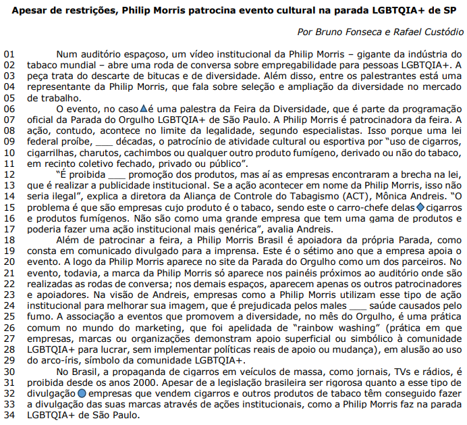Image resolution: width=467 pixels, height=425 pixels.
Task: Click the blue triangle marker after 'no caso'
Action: click(x=142, y=108)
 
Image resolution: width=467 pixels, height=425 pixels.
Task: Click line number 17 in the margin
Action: click(x=9, y=230)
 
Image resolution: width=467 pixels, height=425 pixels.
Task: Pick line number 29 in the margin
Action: click(x=9, y=359)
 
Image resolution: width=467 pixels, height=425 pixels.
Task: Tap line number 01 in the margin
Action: click(x=9, y=53)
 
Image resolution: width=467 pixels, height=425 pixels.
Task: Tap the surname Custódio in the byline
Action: click(x=443, y=32)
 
